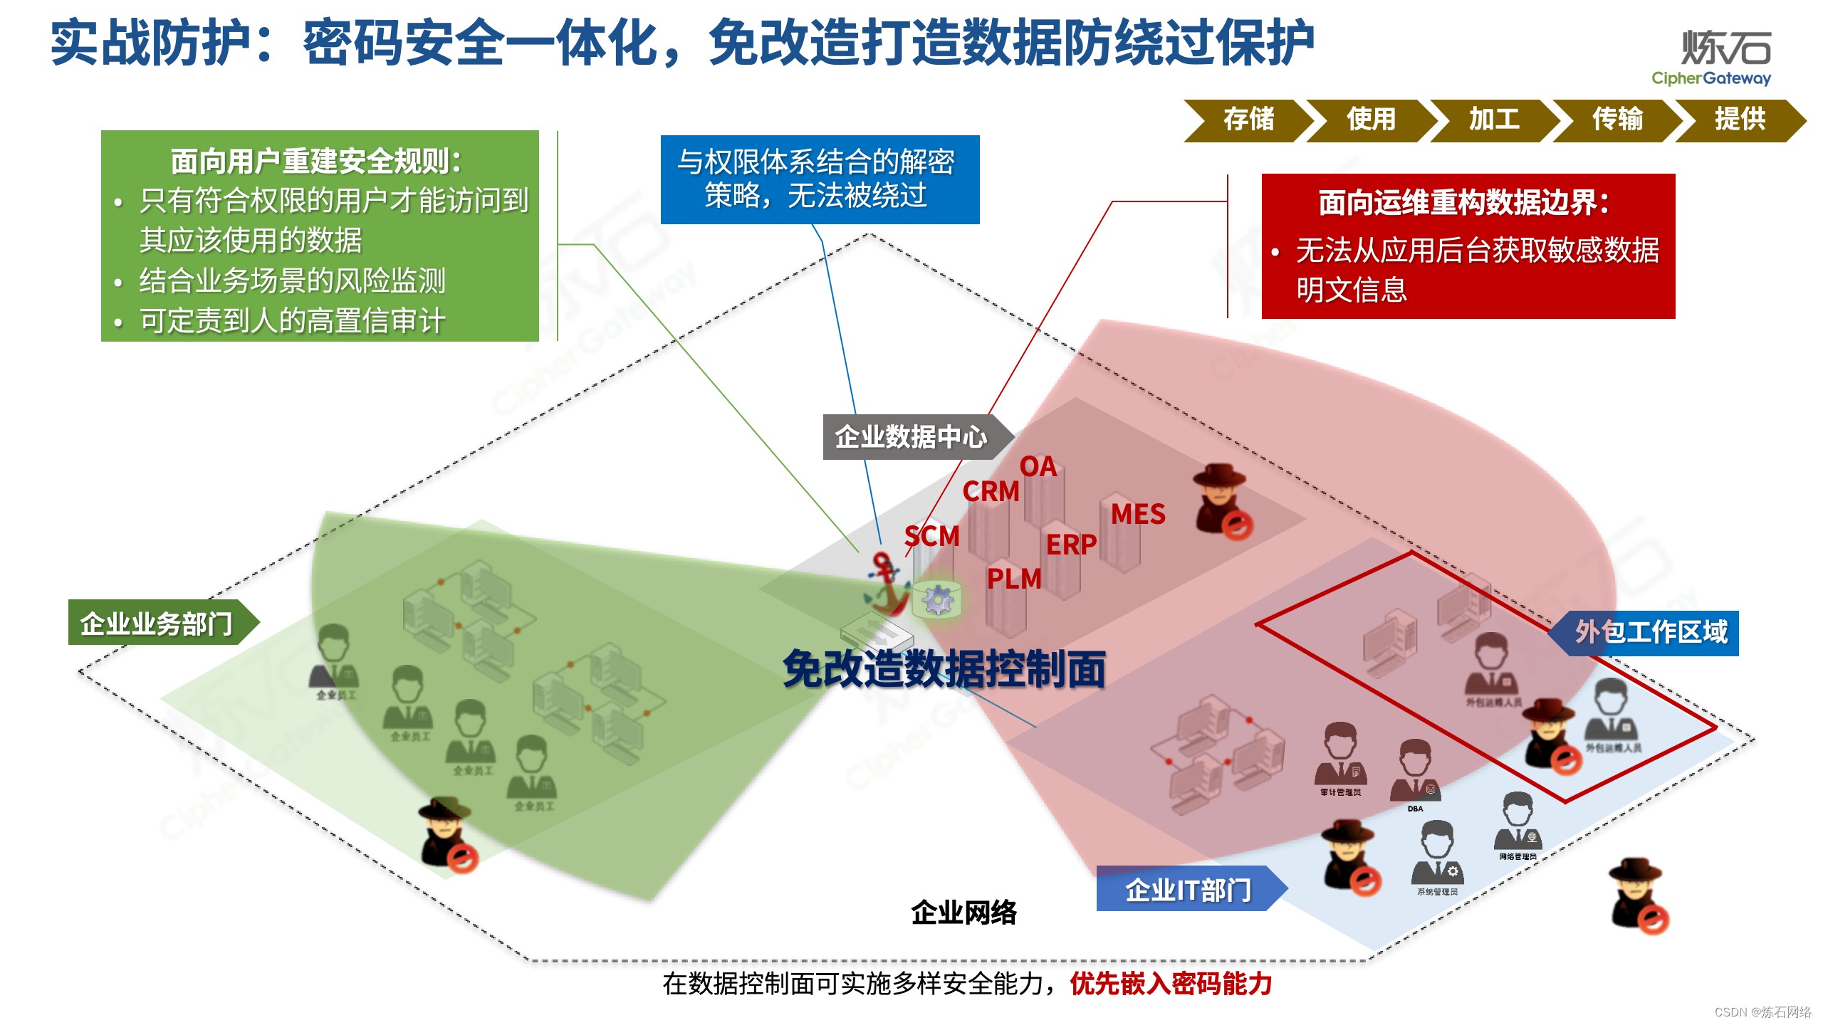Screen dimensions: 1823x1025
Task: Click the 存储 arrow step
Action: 1248,120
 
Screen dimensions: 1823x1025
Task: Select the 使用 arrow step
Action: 1371,120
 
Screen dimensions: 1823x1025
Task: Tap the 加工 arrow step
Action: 1494,120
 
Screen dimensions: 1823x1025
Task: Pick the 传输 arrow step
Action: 1617,120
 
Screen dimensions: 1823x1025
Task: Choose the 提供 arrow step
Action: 1740,120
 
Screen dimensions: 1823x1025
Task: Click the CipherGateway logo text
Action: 1711,78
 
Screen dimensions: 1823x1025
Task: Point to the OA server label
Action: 1038,467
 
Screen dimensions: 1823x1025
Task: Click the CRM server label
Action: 991,491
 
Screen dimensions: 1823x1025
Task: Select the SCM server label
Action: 931,536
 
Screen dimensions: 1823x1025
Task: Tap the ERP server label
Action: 1071,545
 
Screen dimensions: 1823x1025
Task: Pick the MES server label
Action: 1138,514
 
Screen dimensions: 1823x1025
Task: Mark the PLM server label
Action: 1014,579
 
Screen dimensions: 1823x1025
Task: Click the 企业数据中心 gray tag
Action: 911,437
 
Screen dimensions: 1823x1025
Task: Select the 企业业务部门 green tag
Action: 157,624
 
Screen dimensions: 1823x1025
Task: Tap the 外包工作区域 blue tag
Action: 1651,632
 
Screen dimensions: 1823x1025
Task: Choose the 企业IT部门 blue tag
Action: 1188,890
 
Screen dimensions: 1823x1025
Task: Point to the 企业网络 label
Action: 964,913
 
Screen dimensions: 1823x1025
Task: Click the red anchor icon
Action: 887,584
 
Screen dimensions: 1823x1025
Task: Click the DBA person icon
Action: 1415,772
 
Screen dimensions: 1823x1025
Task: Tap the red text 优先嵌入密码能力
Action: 1171,984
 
